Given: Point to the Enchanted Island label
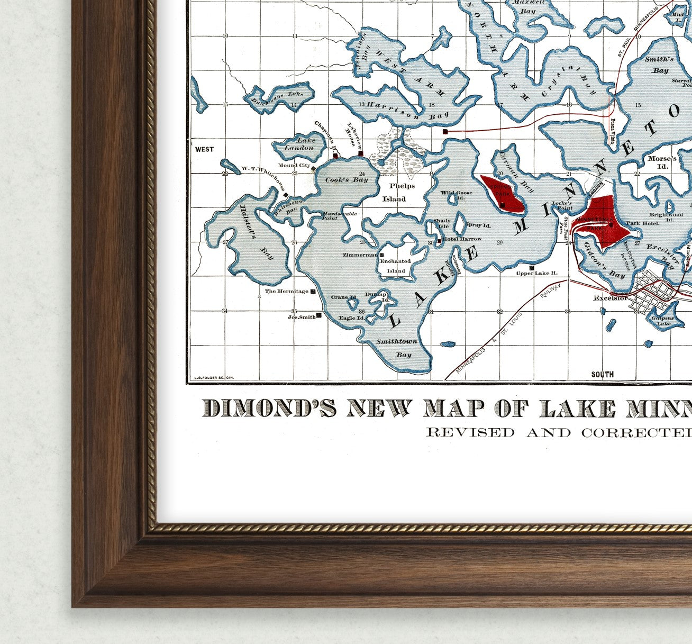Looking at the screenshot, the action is pyautogui.click(x=395, y=266).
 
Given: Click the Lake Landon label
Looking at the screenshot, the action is pyautogui.click(x=299, y=144).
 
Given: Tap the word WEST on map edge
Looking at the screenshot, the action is pyautogui.click(x=204, y=149).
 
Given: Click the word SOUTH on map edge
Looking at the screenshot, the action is pyautogui.click(x=602, y=374).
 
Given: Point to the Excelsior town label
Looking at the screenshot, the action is pyautogui.click(x=610, y=298).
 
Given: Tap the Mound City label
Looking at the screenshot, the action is pyautogui.click(x=294, y=166).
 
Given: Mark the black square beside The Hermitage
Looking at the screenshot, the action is pyautogui.click(x=313, y=292).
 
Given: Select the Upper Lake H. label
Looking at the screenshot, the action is pyautogui.click(x=536, y=273).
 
